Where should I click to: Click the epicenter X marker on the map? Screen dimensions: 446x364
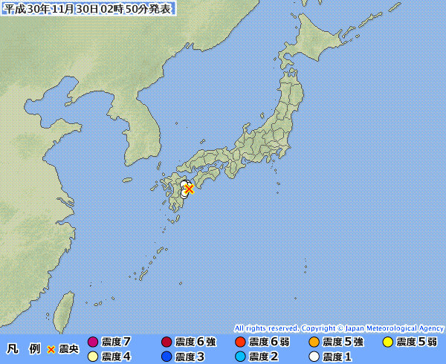coord(190,189)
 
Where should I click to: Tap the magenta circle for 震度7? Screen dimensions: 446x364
coord(93,342)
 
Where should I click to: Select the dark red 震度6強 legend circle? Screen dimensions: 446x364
coord(167,342)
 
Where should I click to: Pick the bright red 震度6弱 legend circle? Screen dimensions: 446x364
coord(239,342)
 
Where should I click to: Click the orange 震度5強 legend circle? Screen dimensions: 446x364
coord(314,342)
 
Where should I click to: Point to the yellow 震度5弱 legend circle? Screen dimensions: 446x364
coord(387,342)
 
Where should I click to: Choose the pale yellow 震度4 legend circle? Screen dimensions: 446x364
coord(93,357)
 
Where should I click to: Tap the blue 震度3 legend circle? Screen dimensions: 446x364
coord(167,357)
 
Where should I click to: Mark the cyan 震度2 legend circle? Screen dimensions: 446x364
coord(239,357)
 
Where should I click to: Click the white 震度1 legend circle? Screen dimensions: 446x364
coord(314,357)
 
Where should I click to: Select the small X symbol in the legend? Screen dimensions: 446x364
coord(51,348)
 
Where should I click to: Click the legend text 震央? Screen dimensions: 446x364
coord(68,348)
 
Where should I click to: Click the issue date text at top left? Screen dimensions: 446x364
coord(87,8)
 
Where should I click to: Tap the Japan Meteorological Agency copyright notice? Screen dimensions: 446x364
coord(339,328)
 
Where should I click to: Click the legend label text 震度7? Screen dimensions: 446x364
coord(117,342)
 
